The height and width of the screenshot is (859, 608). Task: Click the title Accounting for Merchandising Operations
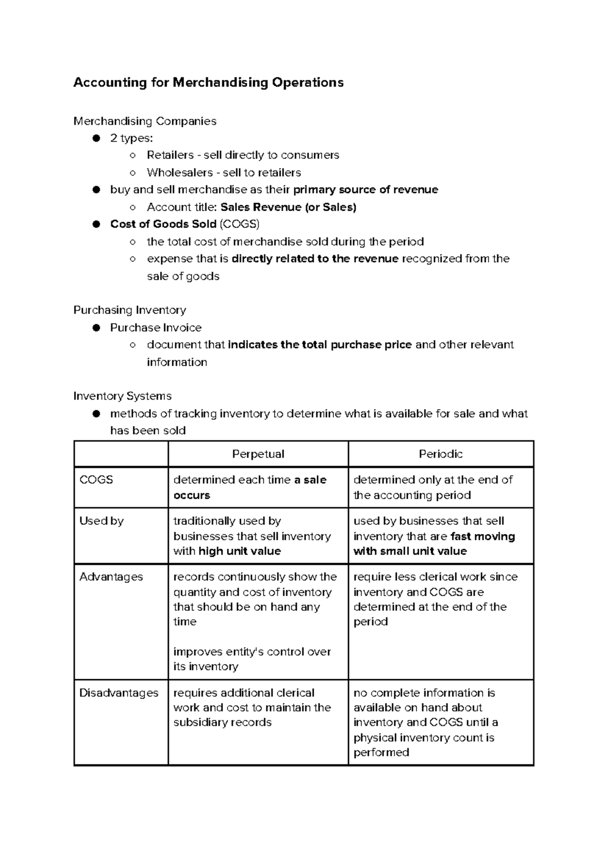208,83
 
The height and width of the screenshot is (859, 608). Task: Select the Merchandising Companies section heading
145,121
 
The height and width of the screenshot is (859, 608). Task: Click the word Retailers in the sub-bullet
170,155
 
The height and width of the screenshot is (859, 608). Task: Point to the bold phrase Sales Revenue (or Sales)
288,207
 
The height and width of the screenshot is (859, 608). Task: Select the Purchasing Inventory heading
130,310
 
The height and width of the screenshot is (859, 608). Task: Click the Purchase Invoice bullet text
156,328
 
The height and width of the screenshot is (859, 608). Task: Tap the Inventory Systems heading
123,396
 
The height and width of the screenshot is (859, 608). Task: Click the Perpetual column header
258,454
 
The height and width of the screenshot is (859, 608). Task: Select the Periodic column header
440,454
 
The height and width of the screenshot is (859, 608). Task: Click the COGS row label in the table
96,480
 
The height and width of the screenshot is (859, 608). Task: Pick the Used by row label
101,521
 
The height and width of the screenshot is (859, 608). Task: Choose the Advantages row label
111,577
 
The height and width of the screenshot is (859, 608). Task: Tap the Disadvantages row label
119,693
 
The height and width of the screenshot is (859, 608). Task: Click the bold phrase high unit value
240,551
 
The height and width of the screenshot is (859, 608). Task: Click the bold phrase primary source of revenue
365,190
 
